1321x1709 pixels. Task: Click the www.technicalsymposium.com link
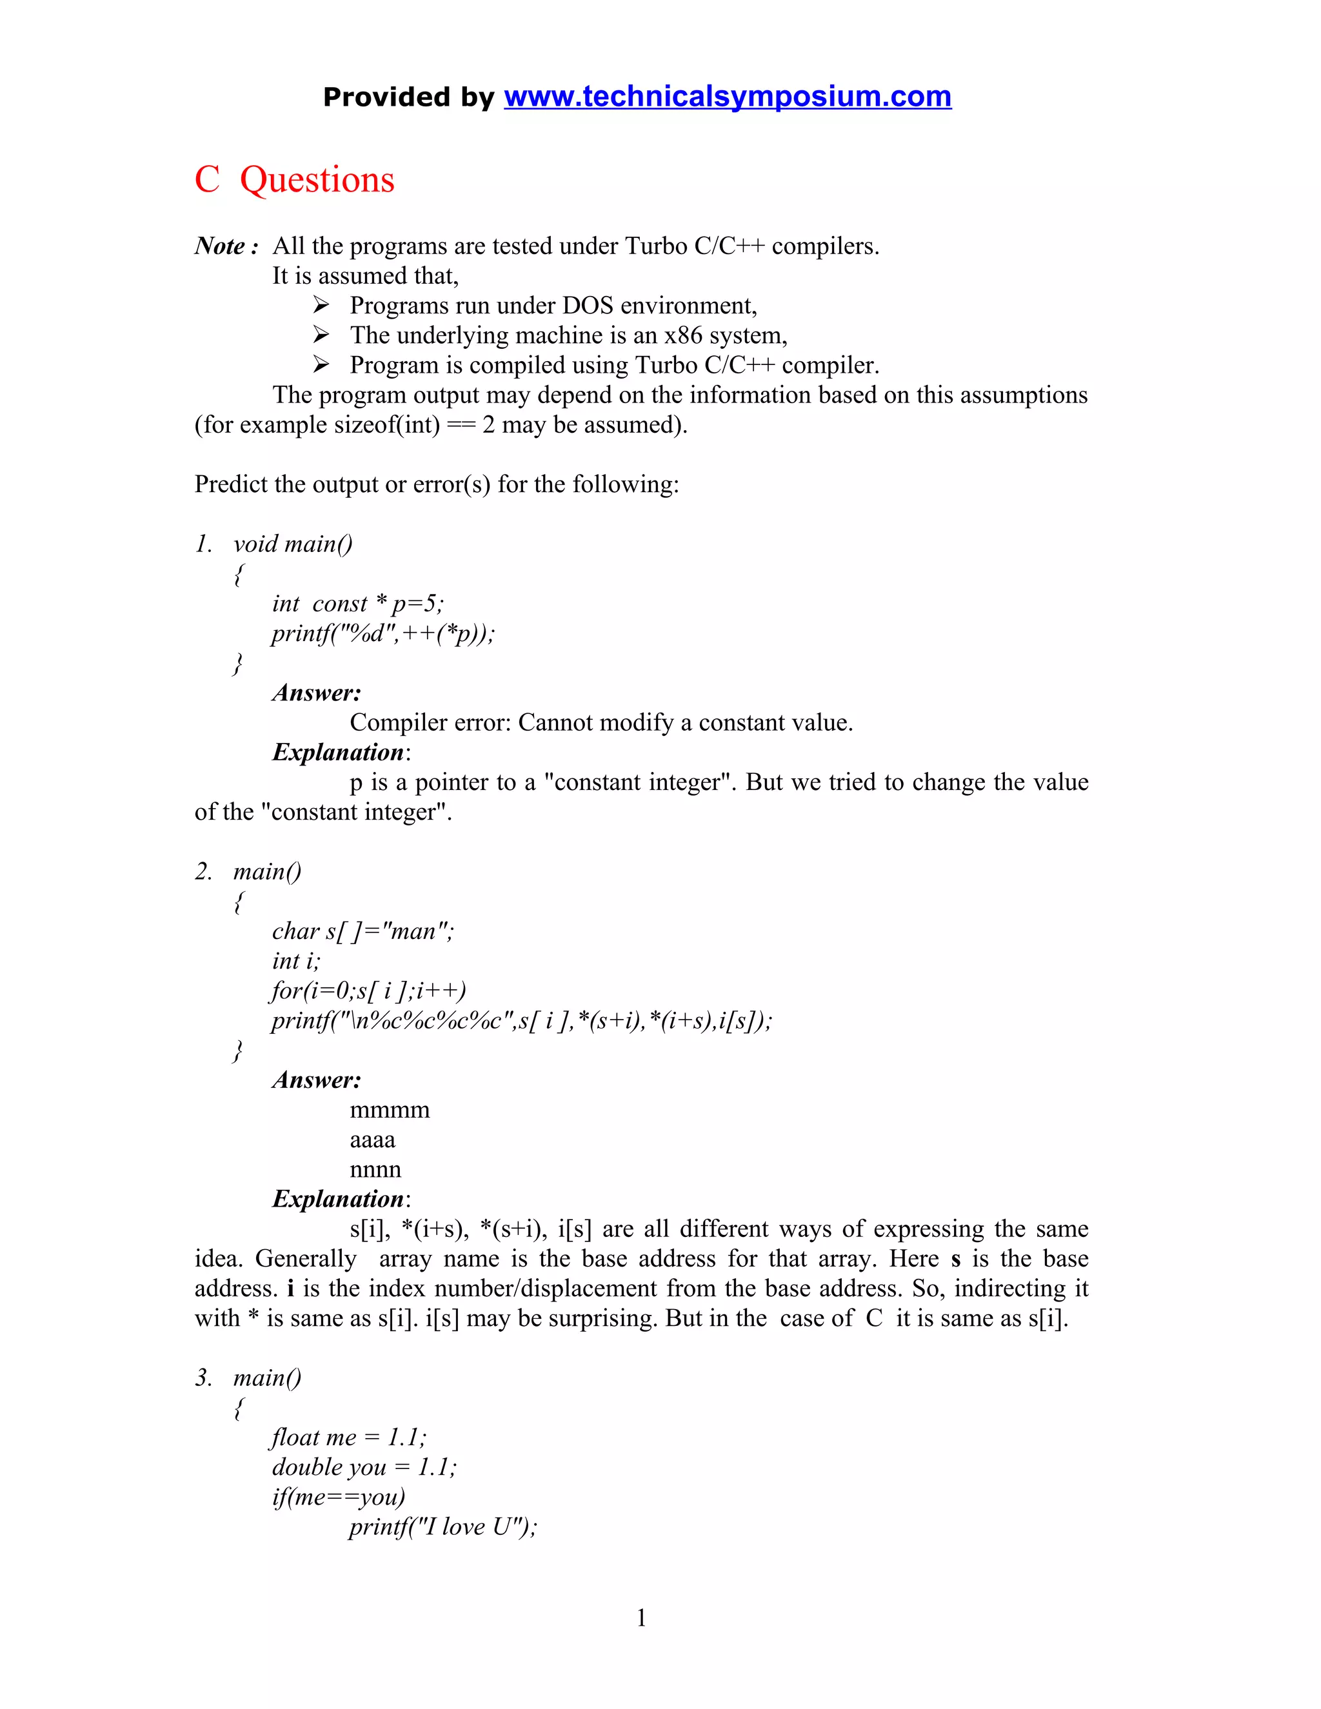pyautogui.click(x=727, y=96)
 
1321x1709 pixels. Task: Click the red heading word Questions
pyautogui.click(x=317, y=180)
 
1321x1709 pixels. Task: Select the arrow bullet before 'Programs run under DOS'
pyautogui.click(x=321, y=304)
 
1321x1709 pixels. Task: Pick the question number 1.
pyautogui.click(x=203, y=544)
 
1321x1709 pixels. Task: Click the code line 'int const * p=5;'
pyautogui.click(x=357, y=604)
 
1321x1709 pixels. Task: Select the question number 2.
pyautogui.click(x=203, y=872)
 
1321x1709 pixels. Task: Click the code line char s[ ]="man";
pyautogui.click(x=363, y=931)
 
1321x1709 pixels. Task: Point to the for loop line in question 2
pyautogui.click(x=368, y=991)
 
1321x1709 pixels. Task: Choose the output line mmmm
pyautogui.click(x=390, y=1111)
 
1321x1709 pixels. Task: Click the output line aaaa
pyautogui.click(x=373, y=1140)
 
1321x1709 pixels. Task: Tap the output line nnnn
pyautogui.click(x=375, y=1170)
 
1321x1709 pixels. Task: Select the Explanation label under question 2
pyautogui.click(x=338, y=1200)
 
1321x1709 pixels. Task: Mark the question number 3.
pyautogui.click(x=203, y=1378)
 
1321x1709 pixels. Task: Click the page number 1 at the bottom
pyautogui.click(x=642, y=1617)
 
